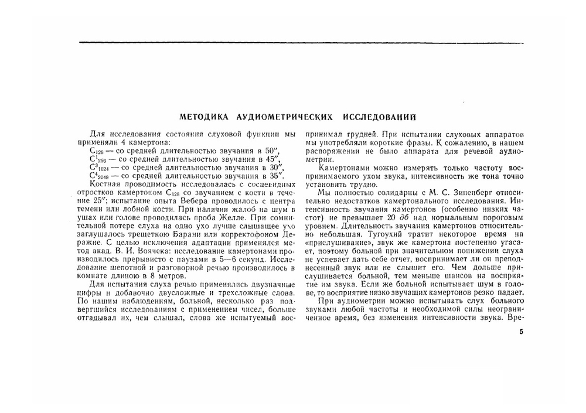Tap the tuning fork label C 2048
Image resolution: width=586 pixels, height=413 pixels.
(98, 175)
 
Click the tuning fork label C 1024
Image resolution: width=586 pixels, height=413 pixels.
(98, 167)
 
